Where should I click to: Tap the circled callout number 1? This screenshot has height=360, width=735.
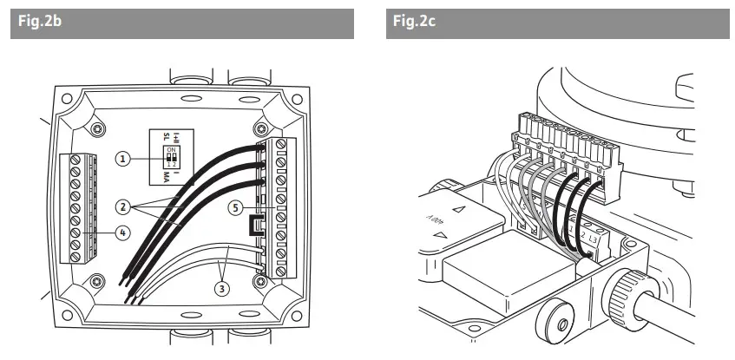tap(126, 158)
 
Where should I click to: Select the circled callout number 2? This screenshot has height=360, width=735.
tap(126, 206)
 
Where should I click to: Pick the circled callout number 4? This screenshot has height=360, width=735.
tap(126, 232)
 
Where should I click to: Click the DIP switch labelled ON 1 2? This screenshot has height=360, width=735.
tap(173, 156)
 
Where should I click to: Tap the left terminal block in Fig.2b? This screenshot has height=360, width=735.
tap(72, 207)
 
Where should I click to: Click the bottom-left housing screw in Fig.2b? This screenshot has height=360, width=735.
tap(96, 282)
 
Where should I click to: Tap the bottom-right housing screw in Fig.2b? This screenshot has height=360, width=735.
tap(263, 282)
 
